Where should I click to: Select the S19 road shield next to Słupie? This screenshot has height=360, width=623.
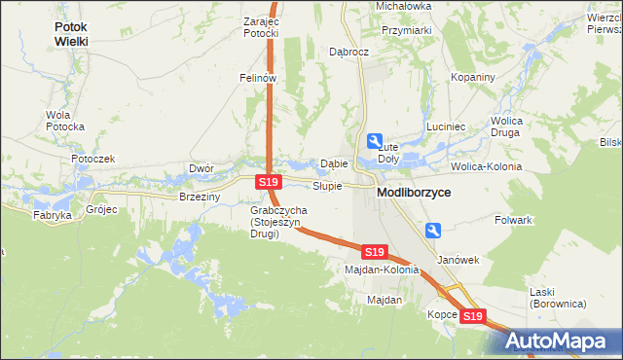pyautogui.click(x=270, y=182)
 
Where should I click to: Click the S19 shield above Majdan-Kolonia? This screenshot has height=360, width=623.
pyautogui.click(x=375, y=251)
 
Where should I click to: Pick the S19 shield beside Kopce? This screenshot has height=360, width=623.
pyautogui.click(x=473, y=316)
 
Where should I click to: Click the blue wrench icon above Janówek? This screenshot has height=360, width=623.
pyautogui.click(x=434, y=230)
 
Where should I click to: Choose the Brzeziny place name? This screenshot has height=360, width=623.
pyautogui.click(x=201, y=197)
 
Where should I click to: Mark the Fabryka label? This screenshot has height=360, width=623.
pyautogui.click(x=53, y=215)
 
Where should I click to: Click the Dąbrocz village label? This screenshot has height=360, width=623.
pyautogui.click(x=348, y=52)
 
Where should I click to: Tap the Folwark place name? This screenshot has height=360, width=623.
pyautogui.click(x=512, y=220)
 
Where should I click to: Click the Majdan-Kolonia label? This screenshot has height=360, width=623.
pyautogui.click(x=382, y=270)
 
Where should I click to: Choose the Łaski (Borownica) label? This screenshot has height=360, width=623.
pyautogui.click(x=556, y=297)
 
